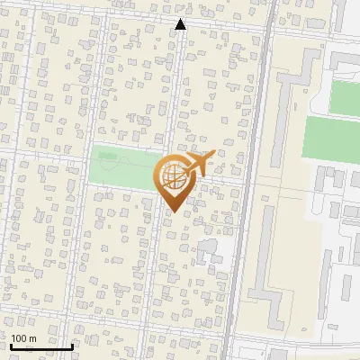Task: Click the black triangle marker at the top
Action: pos(181,24)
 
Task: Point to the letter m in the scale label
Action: pos(33,339)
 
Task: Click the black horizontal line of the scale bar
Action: pos(40,346)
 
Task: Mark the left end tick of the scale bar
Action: pos(10,345)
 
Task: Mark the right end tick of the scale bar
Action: pos(72,345)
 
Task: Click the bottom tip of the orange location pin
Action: pos(172,211)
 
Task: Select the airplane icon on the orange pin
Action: pos(199,165)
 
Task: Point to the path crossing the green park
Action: pos(135,164)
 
